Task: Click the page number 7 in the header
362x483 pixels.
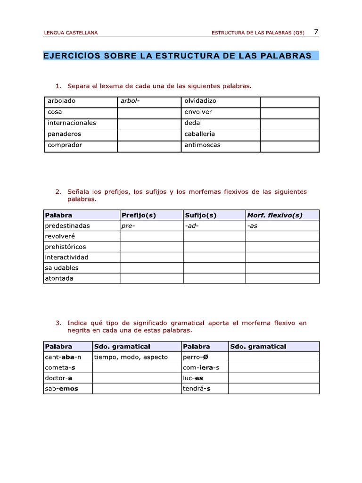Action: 316,32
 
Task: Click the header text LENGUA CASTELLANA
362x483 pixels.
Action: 71,33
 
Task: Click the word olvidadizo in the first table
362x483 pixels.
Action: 200,101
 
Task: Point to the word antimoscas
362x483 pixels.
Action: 202,145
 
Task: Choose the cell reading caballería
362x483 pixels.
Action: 200,134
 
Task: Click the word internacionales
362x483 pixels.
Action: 72,123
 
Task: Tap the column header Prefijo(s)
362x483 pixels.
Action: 139,215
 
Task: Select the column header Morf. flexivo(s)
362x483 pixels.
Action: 275,215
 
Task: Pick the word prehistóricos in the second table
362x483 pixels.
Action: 66,247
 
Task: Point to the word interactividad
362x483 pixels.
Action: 66,258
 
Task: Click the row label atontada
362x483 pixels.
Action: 59,278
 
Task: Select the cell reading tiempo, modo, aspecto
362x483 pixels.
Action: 131,357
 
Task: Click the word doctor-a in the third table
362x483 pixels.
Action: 58,378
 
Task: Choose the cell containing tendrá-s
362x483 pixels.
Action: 197,389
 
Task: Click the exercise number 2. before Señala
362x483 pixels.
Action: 58,192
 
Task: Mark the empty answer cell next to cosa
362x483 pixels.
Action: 148,112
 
